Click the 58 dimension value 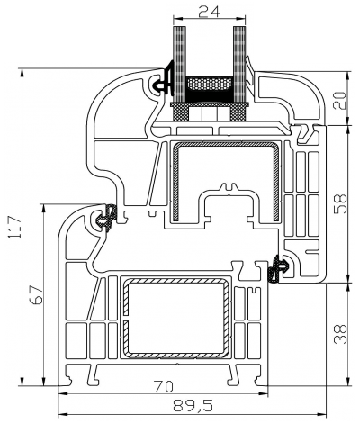pos(338,203)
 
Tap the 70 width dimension pos(163,384)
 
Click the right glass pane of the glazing pos(239,54)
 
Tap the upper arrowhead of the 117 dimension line pos(22,70)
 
